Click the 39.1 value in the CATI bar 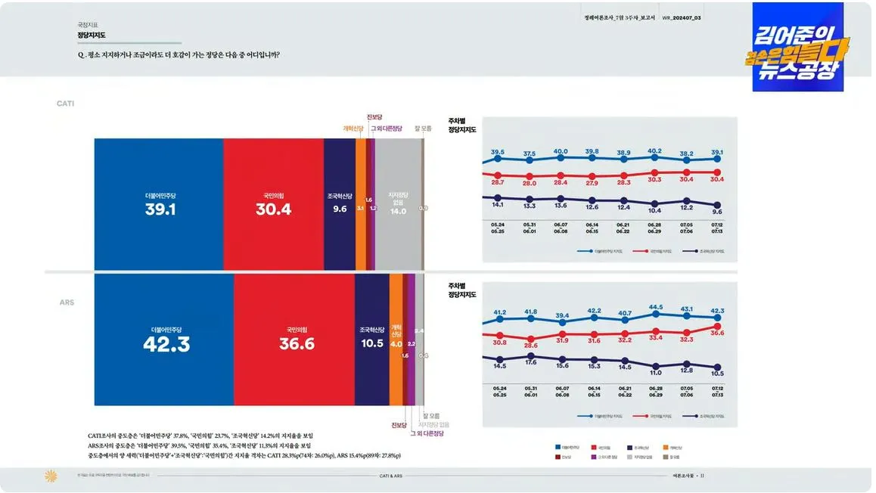160,209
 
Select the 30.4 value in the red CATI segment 273,209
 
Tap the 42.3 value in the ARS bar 166,344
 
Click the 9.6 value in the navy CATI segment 340,209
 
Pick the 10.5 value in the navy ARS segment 372,343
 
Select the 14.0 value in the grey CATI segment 398,211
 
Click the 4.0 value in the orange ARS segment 396,344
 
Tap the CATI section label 65,103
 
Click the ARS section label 67,302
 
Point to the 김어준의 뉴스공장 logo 797,47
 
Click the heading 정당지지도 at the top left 92,35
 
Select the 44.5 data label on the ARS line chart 655,308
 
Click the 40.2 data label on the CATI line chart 654,151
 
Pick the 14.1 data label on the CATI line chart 497,204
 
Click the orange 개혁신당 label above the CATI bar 353,129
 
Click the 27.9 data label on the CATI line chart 592,183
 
